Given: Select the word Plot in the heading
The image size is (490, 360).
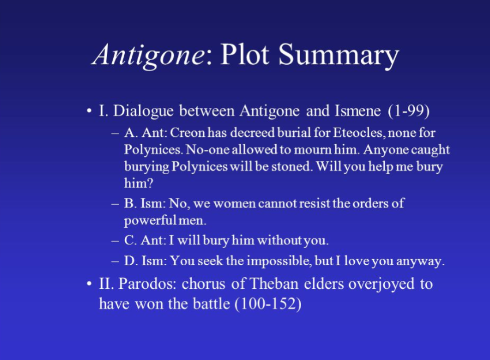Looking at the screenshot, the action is (244, 54).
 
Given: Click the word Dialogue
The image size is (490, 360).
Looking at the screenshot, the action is (143, 111).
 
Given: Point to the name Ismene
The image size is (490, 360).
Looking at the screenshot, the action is (358, 111).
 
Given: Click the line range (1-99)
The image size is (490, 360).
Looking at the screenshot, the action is (408, 111).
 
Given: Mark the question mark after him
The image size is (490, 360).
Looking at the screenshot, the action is (150, 183).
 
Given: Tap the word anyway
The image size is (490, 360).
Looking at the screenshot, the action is (420, 262).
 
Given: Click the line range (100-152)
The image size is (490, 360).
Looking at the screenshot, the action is (268, 304).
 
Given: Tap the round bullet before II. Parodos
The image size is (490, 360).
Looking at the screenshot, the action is (90, 284).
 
